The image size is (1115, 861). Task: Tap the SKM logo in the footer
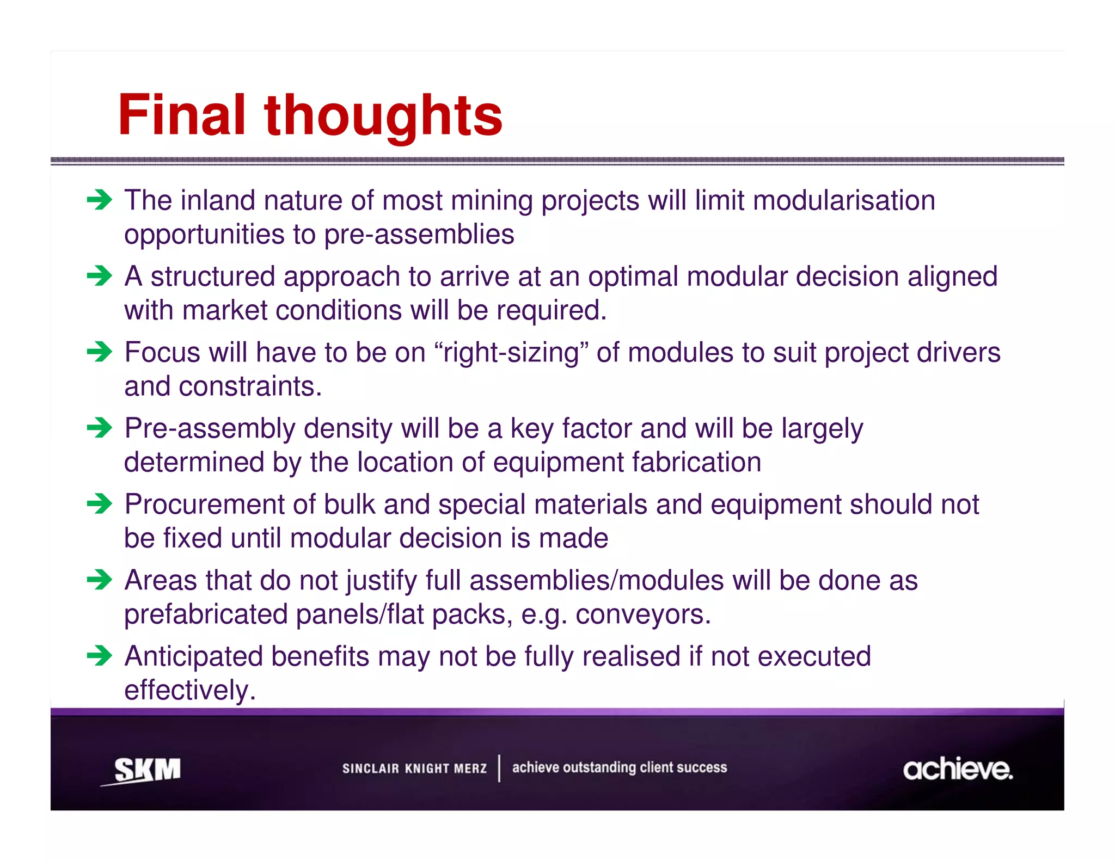(x=146, y=770)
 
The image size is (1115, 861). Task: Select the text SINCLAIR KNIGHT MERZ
(x=414, y=768)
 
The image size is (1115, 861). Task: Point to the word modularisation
(x=844, y=200)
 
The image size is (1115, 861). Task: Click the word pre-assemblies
(x=419, y=235)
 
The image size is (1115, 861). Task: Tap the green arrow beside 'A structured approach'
(x=99, y=276)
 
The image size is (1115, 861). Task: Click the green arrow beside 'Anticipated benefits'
(x=99, y=656)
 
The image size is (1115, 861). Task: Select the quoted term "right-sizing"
(x=512, y=353)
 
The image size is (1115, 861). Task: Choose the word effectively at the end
(x=189, y=691)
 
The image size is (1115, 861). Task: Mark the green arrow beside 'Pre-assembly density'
(x=99, y=428)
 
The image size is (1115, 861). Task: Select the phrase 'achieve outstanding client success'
(x=619, y=767)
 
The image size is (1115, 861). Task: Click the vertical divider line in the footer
(x=499, y=768)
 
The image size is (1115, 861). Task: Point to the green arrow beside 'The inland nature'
(x=99, y=200)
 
